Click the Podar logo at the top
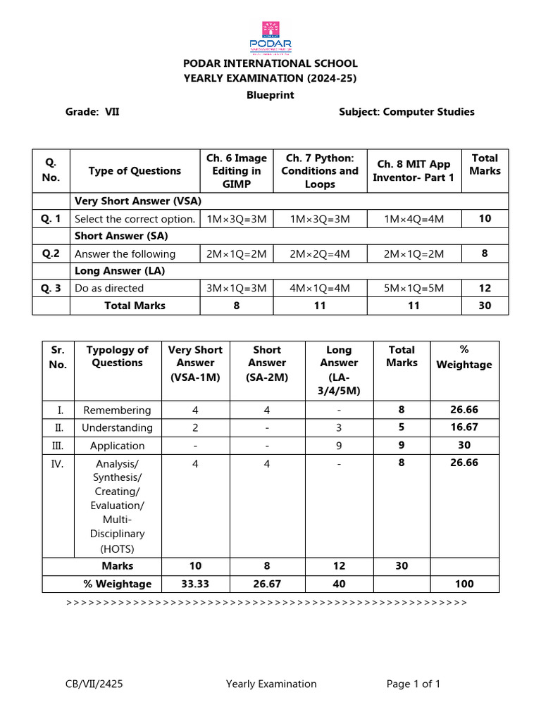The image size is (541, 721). (x=270, y=37)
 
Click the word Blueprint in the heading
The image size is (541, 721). (x=270, y=95)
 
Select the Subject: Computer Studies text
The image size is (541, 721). (x=406, y=111)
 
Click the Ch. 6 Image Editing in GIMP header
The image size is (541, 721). (x=237, y=170)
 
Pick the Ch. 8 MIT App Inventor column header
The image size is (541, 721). (x=413, y=170)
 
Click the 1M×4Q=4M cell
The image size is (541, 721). (x=413, y=219)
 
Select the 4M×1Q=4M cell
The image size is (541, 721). (x=320, y=288)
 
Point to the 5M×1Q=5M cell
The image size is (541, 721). (x=413, y=288)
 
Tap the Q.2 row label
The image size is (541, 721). (x=51, y=253)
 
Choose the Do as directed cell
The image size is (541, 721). (x=109, y=288)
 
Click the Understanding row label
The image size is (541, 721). (x=117, y=427)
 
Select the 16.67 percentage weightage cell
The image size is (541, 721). (x=464, y=427)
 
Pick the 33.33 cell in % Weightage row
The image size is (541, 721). (x=195, y=584)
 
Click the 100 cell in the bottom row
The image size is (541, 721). (x=464, y=584)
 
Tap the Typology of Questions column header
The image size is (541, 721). (x=117, y=356)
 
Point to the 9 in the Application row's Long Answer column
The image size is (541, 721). (x=339, y=446)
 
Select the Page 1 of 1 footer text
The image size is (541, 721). (x=413, y=684)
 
